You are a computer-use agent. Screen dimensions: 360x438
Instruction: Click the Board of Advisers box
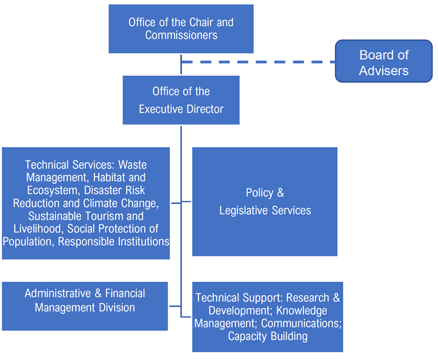383,62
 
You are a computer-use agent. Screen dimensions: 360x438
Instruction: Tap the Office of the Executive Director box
181,100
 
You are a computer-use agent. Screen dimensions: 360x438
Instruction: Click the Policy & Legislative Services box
265,201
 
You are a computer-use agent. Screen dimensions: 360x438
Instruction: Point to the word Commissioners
181,35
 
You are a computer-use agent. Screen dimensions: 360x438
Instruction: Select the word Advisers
383,71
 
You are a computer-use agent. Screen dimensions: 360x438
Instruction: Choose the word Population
29,241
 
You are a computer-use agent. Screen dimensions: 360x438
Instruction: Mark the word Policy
259,193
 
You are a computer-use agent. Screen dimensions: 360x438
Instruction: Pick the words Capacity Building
267,336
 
